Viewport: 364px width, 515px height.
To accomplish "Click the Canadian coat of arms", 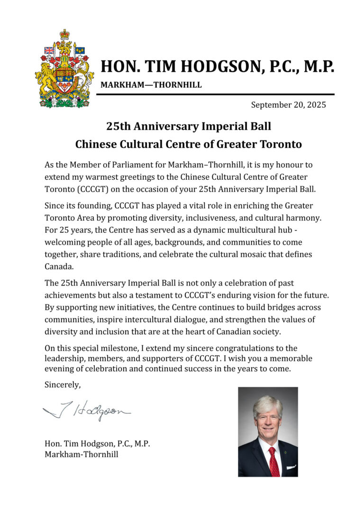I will [x=64, y=70].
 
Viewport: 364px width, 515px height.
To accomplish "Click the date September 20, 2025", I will [x=288, y=105].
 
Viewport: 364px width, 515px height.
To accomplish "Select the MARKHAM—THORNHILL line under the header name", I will [x=151, y=85].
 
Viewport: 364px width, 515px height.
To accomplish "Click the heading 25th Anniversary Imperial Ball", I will [x=189, y=126].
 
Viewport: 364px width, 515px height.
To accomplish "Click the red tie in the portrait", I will [x=273, y=460].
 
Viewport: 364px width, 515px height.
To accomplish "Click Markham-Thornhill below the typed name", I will [x=81, y=454].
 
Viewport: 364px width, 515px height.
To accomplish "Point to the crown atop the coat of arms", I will [x=64, y=35].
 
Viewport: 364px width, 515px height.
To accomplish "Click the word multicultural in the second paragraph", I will [x=240, y=230].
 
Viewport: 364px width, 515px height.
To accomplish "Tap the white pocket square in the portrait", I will [x=291, y=466].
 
